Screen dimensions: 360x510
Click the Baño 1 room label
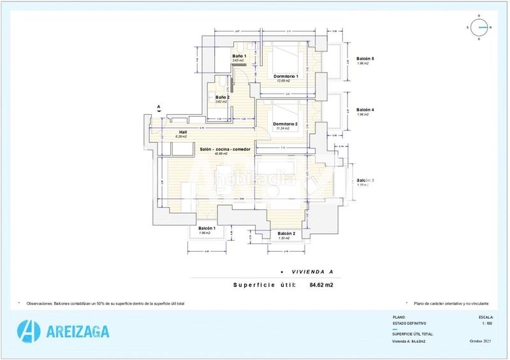(239, 56)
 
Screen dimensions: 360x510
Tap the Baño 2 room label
(222, 97)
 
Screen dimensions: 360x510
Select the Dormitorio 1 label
(286, 76)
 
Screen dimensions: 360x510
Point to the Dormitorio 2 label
(286, 123)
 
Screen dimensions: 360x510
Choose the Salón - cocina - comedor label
(224, 149)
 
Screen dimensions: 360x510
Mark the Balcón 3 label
(365, 180)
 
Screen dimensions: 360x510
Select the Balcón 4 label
(365, 110)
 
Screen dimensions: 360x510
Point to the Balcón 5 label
(365, 59)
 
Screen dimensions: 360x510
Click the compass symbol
(483, 27)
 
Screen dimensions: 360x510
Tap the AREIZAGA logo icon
(29, 331)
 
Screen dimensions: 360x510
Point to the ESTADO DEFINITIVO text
(409, 323)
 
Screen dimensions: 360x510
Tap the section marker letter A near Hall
(158, 106)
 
